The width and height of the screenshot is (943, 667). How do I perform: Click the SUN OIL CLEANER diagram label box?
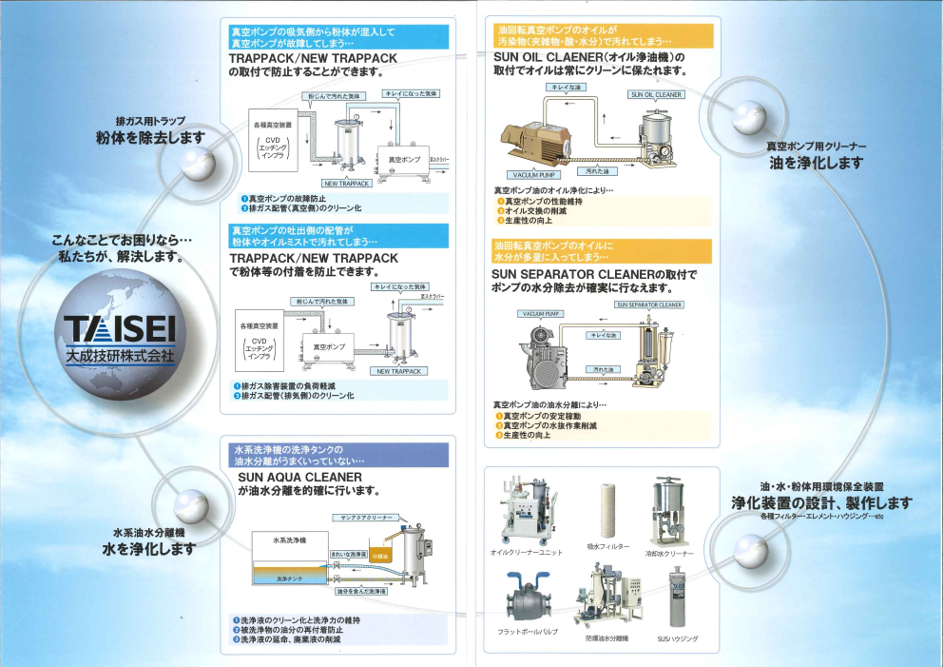(656, 95)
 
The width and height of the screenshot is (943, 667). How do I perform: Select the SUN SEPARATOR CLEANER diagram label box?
(649, 305)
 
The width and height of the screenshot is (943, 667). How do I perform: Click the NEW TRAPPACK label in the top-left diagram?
(347, 184)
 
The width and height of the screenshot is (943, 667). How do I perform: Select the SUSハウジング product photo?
(677, 598)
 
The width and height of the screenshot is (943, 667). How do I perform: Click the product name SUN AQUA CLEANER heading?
(299, 477)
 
